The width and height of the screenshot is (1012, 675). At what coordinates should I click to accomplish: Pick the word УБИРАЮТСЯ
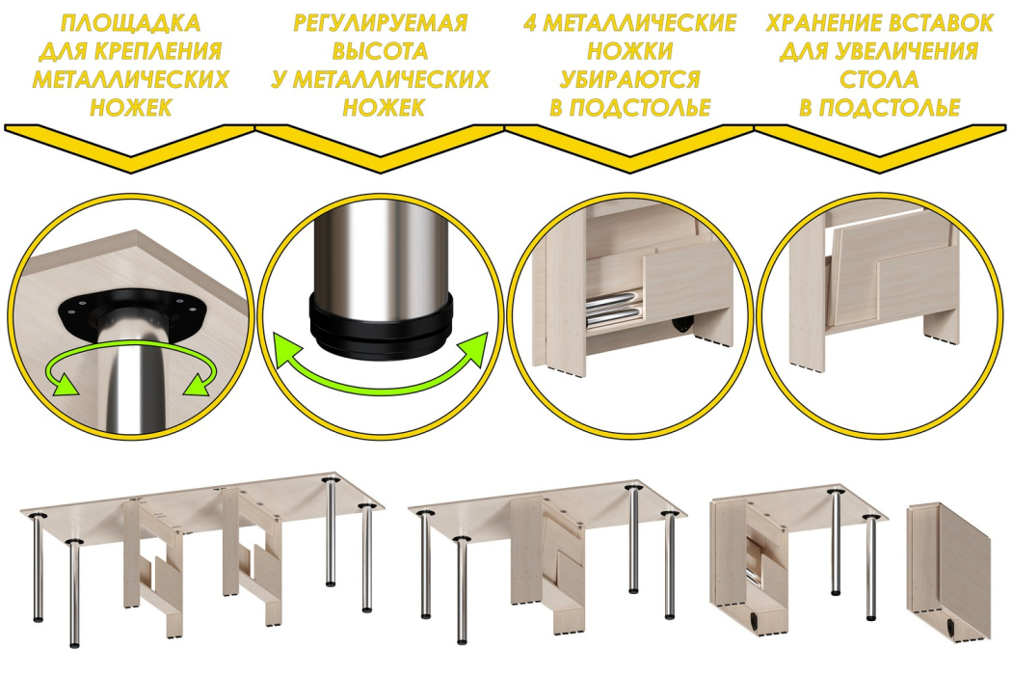coord(630,79)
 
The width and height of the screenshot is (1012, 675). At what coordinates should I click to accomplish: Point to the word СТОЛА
coord(879,79)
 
